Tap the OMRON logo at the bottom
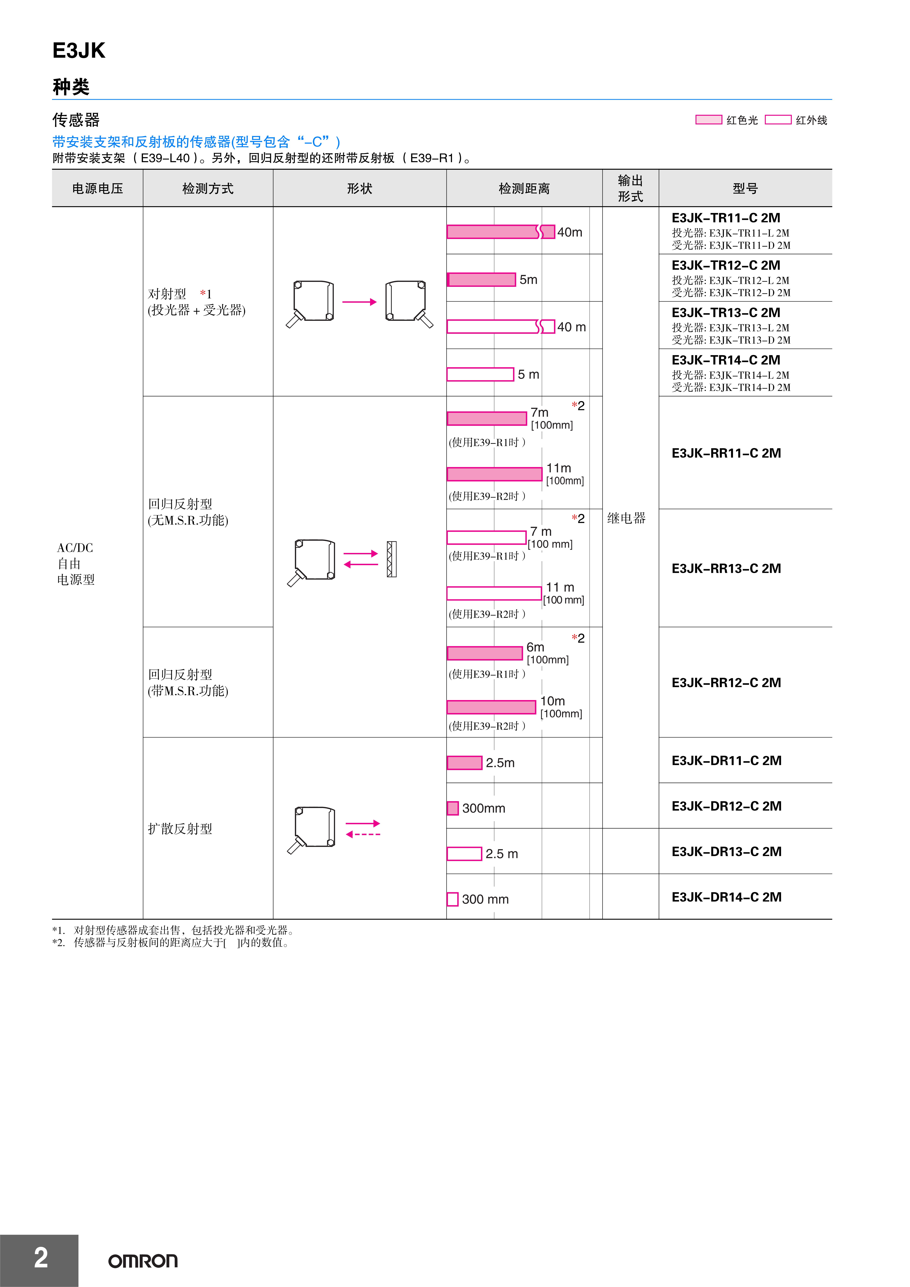tap(143, 1261)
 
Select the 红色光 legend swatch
tap(708, 119)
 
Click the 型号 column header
tap(745, 188)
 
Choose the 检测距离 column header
tap(524, 188)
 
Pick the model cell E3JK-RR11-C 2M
tap(726, 453)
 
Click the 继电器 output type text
tap(626, 518)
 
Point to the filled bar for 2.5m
tap(464, 762)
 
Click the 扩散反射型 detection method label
tap(180, 828)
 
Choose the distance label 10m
tap(552, 701)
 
